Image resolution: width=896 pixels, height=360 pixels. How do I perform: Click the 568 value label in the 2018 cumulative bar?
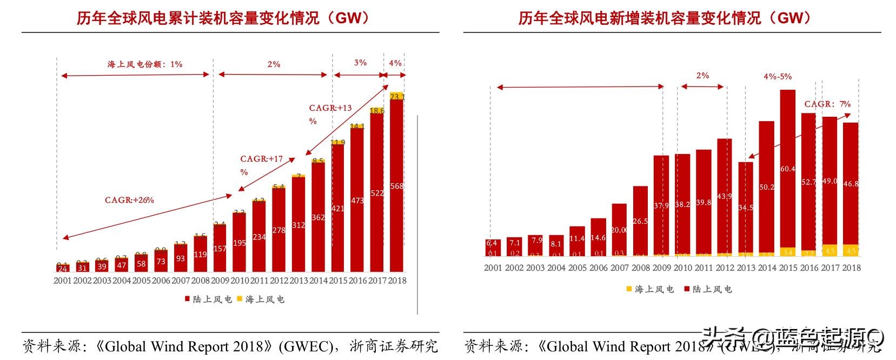pyautogui.click(x=397, y=186)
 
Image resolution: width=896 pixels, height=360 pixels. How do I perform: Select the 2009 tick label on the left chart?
pyautogui.click(x=220, y=281)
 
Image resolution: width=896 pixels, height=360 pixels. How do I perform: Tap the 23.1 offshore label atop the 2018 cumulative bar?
pyautogui.click(x=397, y=97)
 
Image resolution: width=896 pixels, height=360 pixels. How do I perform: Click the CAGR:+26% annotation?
pyautogui.click(x=129, y=200)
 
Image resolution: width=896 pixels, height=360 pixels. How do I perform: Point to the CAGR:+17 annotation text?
pyautogui.click(x=261, y=159)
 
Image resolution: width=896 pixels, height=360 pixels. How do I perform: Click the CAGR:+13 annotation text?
pyautogui.click(x=330, y=108)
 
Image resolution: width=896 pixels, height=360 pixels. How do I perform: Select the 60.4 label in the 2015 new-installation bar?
pyautogui.click(x=788, y=169)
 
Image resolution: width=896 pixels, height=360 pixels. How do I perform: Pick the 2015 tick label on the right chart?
pyautogui.click(x=788, y=268)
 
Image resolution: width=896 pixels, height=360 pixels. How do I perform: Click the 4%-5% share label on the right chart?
pyautogui.click(x=778, y=77)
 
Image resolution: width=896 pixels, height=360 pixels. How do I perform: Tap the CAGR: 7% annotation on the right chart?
pyautogui.click(x=827, y=104)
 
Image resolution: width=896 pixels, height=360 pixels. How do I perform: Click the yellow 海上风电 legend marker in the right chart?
pyautogui.click(x=629, y=289)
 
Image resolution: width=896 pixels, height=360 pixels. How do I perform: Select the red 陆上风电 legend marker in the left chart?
pyautogui.click(x=187, y=299)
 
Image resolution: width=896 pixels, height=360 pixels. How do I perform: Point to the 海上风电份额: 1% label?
pyautogui.click(x=144, y=64)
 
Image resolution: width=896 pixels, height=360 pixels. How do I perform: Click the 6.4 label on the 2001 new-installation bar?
pyautogui.click(x=492, y=243)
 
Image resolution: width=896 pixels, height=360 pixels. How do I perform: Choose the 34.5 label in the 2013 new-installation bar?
pyautogui.click(x=746, y=208)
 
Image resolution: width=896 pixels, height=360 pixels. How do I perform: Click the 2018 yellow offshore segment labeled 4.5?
pyautogui.click(x=851, y=251)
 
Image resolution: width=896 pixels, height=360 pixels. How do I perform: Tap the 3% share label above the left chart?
pyautogui.click(x=360, y=63)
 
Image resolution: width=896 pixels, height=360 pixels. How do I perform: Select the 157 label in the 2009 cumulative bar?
pyautogui.click(x=220, y=249)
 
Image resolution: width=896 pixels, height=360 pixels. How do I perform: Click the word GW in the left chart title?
pyautogui.click(x=348, y=18)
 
